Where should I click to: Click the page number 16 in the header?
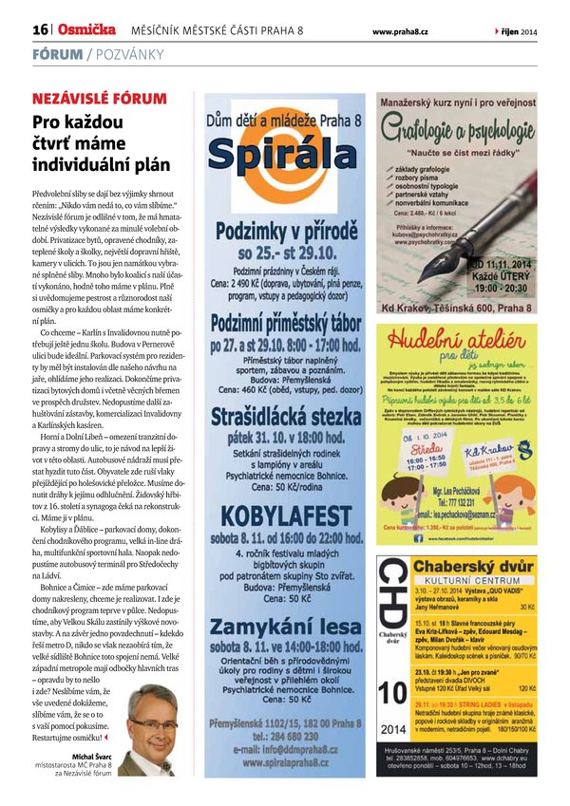[x=40, y=30]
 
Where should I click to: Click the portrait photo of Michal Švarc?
[x=152, y=733]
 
